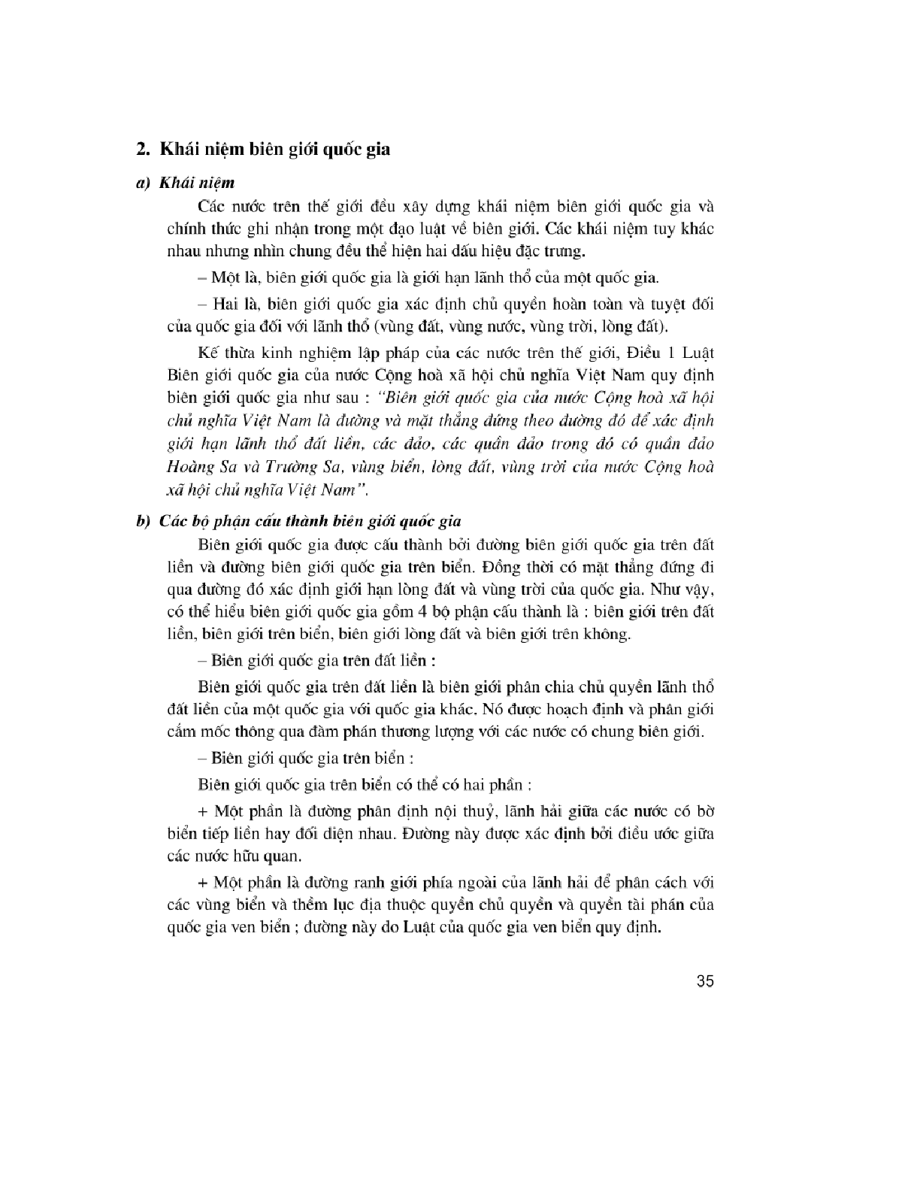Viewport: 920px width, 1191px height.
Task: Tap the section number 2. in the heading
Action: [x=142, y=149]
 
